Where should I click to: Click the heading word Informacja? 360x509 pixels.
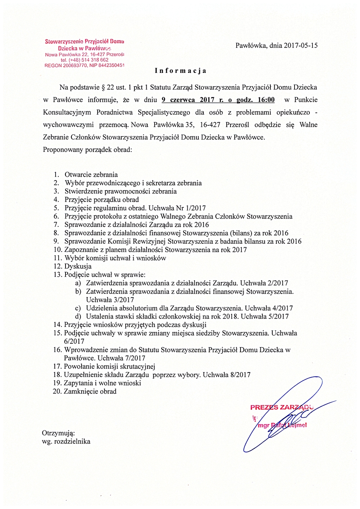(x=180, y=71)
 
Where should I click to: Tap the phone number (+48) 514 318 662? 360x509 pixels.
(x=88, y=60)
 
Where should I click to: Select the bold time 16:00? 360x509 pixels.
(x=266, y=100)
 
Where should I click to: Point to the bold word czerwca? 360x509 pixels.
(x=183, y=100)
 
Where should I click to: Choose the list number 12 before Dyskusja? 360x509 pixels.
(x=57, y=266)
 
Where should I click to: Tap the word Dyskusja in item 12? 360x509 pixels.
(x=78, y=266)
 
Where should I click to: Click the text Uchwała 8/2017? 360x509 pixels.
(x=226, y=375)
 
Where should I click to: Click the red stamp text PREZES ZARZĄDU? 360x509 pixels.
(x=281, y=407)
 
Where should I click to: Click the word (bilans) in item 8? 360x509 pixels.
(x=241, y=233)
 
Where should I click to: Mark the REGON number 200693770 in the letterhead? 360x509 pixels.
(x=75, y=66)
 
